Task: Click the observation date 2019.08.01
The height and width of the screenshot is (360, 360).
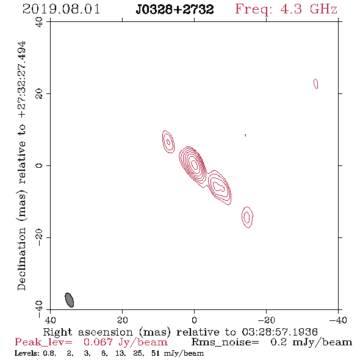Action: pyautogui.click(x=61, y=9)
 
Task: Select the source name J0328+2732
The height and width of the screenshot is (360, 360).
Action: pyautogui.click(x=175, y=9)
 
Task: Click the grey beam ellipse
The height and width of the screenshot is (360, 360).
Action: pyautogui.click(x=70, y=300)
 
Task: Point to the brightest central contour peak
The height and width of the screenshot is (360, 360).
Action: pyautogui.click(x=195, y=164)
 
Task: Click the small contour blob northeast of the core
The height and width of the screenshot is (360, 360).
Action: pyautogui.click(x=168, y=142)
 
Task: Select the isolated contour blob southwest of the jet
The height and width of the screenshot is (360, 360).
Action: pyautogui.click(x=247, y=217)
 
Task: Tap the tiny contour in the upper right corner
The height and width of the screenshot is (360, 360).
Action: pyautogui.click(x=316, y=84)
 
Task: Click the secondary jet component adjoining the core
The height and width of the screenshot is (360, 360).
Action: pyautogui.click(x=220, y=187)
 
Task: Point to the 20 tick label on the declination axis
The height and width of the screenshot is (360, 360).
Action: pyautogui.click(x=39, y=94)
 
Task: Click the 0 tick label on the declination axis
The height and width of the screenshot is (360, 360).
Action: pyautogui.click(x=39, y=165)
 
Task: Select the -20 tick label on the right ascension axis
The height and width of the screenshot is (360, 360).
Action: pyautogui.click(x=267, y=320)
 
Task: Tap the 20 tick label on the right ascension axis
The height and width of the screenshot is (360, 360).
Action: pyautogui.click(x=123, y=320)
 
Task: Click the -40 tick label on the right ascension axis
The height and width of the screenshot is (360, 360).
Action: pyautogui.click(x=338, y=320)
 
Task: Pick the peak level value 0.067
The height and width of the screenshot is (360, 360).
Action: pyautogui.click(x=98, y=342)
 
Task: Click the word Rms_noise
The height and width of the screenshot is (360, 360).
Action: pyautogui.click(x=225, y=342)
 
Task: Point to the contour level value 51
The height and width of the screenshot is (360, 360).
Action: pyautogui.click(x=156, y=353)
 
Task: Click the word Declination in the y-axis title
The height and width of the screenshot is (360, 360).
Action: pyautogui.click(x=21, y=259)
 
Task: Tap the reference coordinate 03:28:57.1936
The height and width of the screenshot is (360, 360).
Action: pyautogui.click(x=279, y=332)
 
